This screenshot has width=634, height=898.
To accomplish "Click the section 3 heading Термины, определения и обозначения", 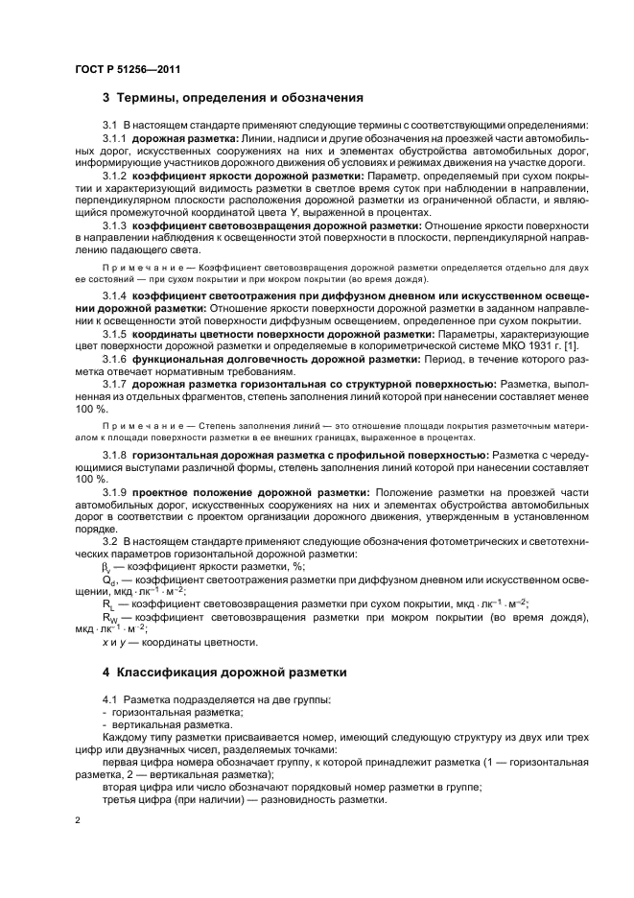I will pyautogui.click(x=231, y=98).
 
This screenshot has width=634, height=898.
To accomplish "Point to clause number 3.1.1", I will pyautogui.click(x=115, y=141).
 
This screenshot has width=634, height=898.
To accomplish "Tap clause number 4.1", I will pyautogui.click(x=110, y=699).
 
